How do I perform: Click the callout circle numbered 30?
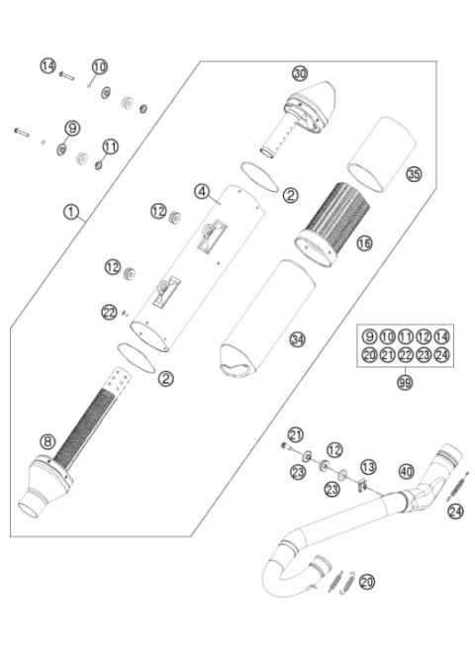(300, 73)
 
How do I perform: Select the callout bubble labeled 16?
(364, 241)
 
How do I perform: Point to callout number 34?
(297, 339)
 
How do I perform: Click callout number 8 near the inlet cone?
(47, 442)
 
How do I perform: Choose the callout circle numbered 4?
(201, 190)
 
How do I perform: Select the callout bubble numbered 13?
(368, 466)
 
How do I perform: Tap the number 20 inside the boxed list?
(368, 354)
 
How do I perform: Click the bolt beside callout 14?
(67, 75)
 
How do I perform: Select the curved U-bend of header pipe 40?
(279, 568)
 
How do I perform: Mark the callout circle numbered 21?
(295, 434)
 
